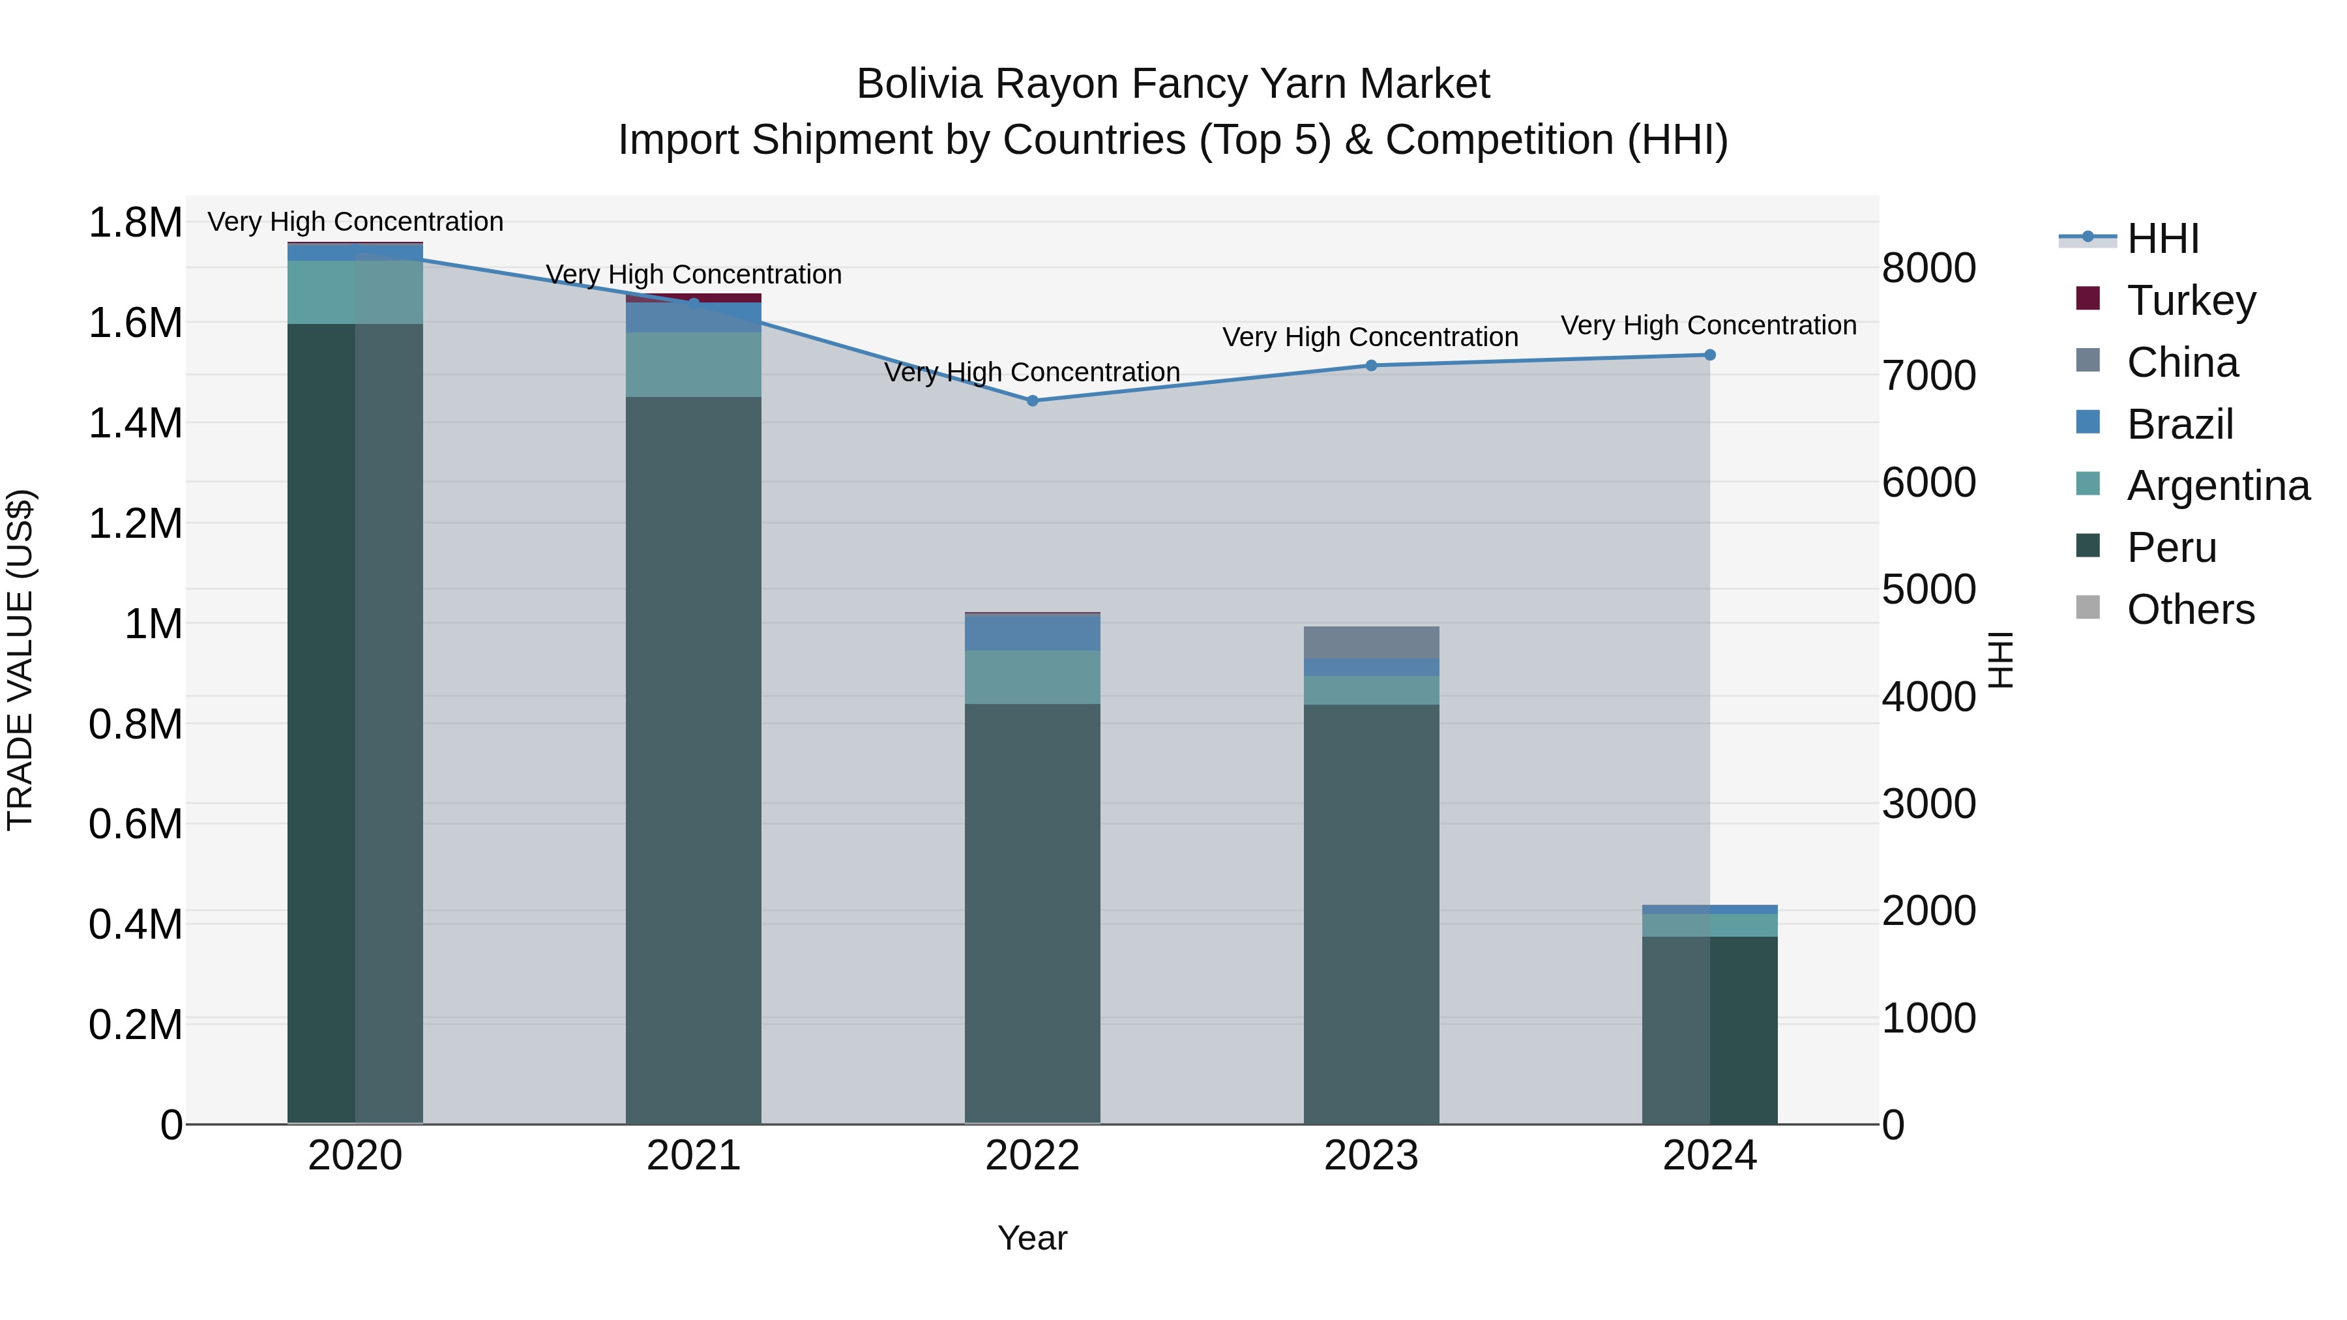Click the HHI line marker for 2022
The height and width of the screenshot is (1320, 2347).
click(1032, 401)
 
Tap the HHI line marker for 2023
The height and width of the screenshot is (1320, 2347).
click(1371, 365)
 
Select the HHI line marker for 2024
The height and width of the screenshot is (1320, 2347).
click(1709, 355)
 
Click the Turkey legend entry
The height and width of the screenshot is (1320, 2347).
click(2191, 301)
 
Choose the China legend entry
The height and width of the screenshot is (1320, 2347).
click(2181, 362)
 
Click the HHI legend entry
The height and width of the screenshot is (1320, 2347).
click(2161, 239)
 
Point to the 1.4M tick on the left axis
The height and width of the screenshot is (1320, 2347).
click(135, 424)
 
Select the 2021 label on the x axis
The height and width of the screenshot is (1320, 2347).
click(694, 1156)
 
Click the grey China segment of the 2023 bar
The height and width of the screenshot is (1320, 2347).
click(1371, 642)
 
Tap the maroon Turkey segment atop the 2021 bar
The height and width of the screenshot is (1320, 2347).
click(694, 298)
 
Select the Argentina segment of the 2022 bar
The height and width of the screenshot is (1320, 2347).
click(1032, 677)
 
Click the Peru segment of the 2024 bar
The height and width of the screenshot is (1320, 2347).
click(1709, 1029)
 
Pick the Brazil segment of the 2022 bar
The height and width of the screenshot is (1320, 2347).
click(1032, 632)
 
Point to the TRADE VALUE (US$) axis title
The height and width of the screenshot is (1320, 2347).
click(20, 660)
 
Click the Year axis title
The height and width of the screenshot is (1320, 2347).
click(1031, 1238)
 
